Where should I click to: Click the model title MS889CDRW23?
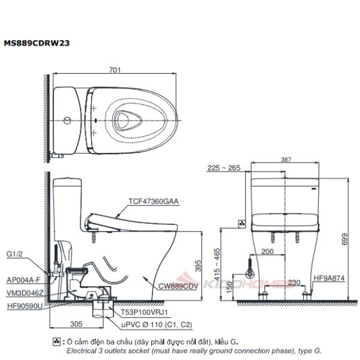tap(37, 43)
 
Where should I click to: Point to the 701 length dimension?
tap(115, 70)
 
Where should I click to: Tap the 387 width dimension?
tap(286, 160)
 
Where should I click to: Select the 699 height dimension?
tap(344, 239)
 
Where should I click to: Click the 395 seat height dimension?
tap(198, 266)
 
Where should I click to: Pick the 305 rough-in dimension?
tap(76, 324)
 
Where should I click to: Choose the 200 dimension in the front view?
tap(268, 251)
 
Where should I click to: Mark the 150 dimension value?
tap(230, 287)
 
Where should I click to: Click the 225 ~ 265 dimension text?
tap(224, 168)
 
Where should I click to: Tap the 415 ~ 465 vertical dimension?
tap(217, 264)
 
